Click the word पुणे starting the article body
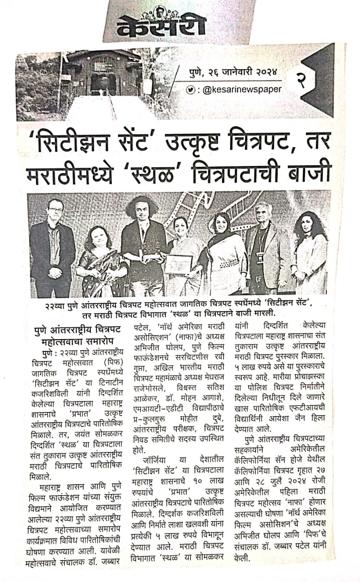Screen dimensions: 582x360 pyautogui.click(x=43, y=352)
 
